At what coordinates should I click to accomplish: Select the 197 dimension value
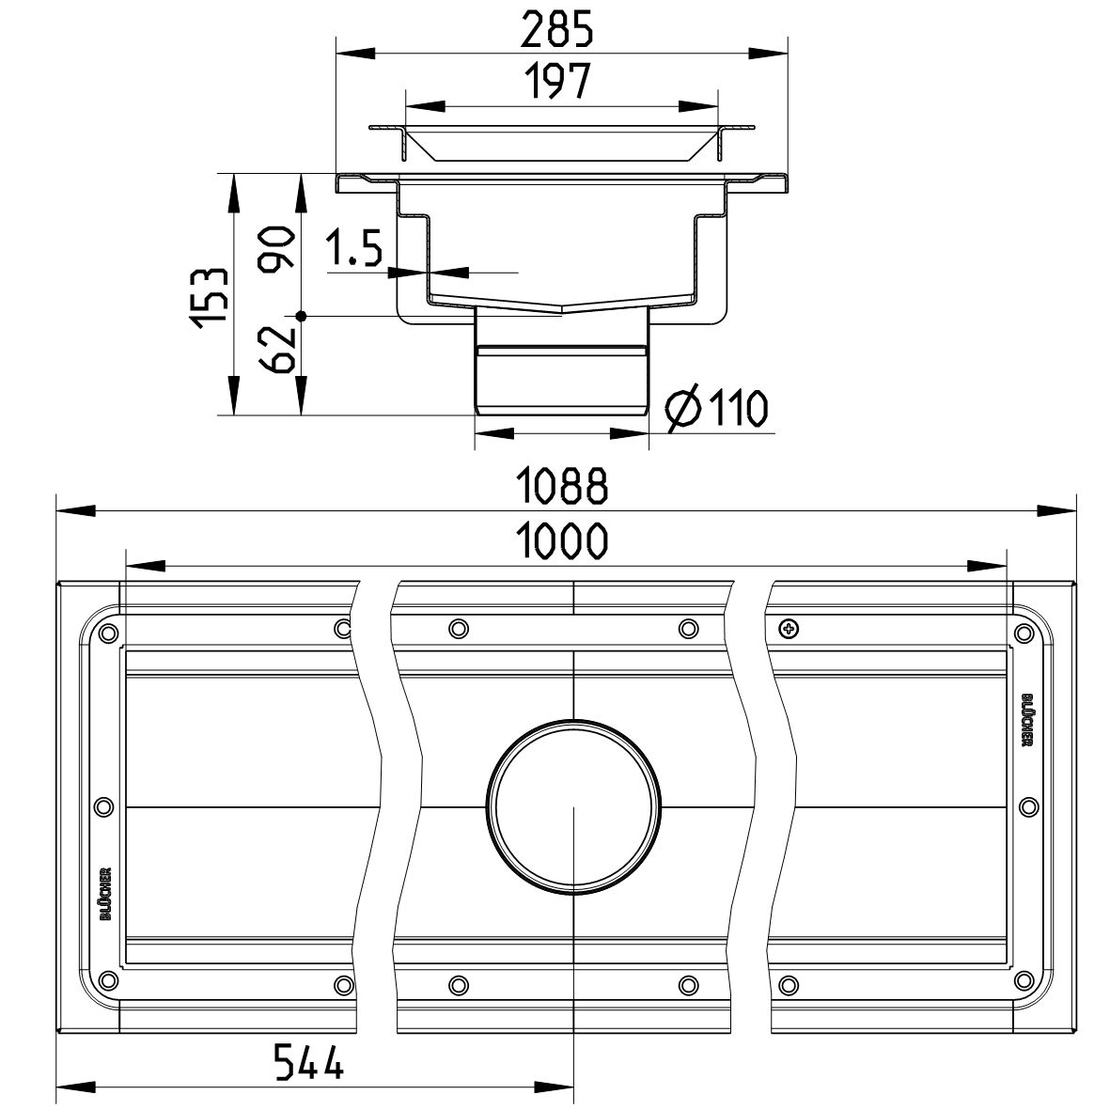pyautogui.click(x=559, y=82)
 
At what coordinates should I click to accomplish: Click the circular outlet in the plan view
pyautogui.click(x=573, y=807)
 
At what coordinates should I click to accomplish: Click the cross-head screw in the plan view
pyautogui.click(x=788, y=627)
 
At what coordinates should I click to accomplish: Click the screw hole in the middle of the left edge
pyautogui.click(x=104, y=805)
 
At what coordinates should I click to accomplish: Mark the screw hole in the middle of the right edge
pyautogui.click(x=1028, y=805)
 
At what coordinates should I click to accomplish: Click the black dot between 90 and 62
pyautogui.click(x=301, y=316)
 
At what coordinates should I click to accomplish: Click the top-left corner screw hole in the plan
pyautogui.click(x=108, y=631)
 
